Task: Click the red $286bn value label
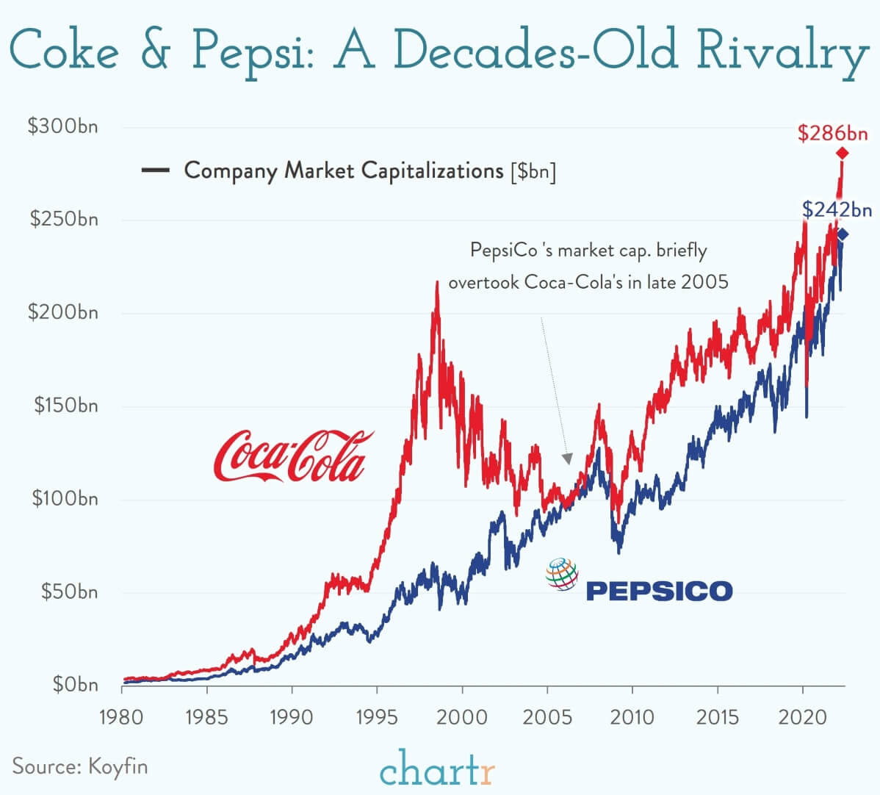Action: tap(832, 133)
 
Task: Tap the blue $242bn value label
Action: tap(836, 210)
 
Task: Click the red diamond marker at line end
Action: tap(842, 153)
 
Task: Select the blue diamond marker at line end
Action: tap(842, 234)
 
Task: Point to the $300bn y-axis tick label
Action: tap(62, 126)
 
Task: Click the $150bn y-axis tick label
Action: tap(65, 406)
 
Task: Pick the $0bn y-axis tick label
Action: tap(75, 685)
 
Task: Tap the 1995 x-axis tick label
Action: tap(377, 716)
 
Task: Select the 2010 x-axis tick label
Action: tap(632, 716)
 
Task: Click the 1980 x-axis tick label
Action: tap(122, 716)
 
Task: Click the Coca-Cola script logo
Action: tap(292, 456)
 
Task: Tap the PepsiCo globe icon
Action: tap(562, 575)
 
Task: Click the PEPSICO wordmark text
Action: tap(659, 591)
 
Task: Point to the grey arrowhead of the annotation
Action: tap(566, 459)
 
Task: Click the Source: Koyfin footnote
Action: tap(80, 766)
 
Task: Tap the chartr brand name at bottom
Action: tap(438, 771)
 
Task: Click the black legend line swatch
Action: tap(155, 171)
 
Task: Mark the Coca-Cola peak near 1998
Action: tap(437, 282)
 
